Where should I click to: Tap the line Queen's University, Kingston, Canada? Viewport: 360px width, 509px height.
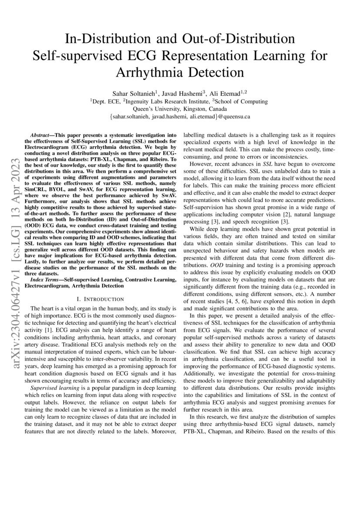click(180, 109)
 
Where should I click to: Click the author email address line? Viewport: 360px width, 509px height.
click(180, 117)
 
